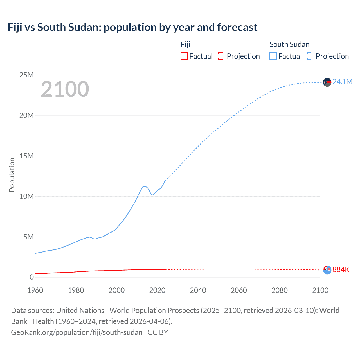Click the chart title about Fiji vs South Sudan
(x=132, y=27)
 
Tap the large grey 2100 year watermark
(x=65, y=89)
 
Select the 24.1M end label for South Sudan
(x=342, y=82)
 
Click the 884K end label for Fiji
(x=341, y=269)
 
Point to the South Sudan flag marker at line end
(x=327, y=82)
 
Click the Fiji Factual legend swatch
(x=184, y=56)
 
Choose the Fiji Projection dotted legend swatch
(x=222, y=56)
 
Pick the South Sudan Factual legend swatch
(x=273, y=56)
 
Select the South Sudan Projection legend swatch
(x=311, y=56)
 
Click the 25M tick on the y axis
(x=26, y=75)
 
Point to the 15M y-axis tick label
(x=26, y=156)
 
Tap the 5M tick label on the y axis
(x=28, y=237)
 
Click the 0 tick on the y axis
(x=31, y=277)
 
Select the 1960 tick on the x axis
(x=35, y=290)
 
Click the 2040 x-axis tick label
(x=198, y=290)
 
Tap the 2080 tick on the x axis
(x=280, y=290)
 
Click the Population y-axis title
(x=12, y=175)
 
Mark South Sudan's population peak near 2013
(x=145, y=186)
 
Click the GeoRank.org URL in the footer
(x=76, y=332)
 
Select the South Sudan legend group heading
(x=289, y=44)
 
